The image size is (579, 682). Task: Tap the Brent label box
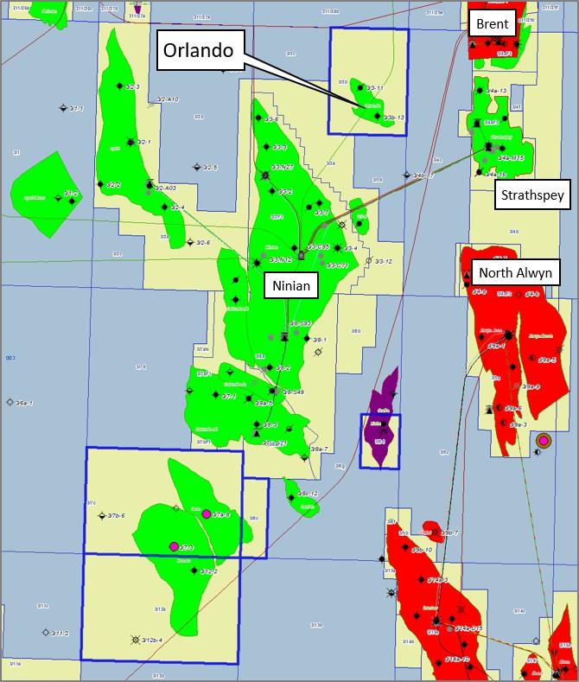(x=492, y=24)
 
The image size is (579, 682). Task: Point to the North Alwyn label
(x=519, y=273)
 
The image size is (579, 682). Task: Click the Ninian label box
(x=289, y=284)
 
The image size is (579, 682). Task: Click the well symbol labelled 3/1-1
(x=62, y=108)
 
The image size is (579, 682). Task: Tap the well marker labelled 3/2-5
(x=197, y=168)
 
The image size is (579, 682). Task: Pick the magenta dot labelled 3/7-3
(x=175, y=546)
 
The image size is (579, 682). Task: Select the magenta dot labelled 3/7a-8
(x=206, y=513)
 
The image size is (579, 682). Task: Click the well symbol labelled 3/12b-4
(x=135, y=640)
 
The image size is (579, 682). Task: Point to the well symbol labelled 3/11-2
(x=45, y=632)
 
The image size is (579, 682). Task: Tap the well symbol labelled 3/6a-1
(x=10, y=402)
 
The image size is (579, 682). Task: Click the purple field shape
(x=381, y=424)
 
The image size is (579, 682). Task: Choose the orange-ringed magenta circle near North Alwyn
(x=543, y=441)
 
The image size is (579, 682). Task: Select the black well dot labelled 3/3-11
(x=359, y=87)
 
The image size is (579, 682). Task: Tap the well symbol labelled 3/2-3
(x=120, y=86)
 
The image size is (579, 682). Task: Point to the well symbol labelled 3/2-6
(x=189, y=242)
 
